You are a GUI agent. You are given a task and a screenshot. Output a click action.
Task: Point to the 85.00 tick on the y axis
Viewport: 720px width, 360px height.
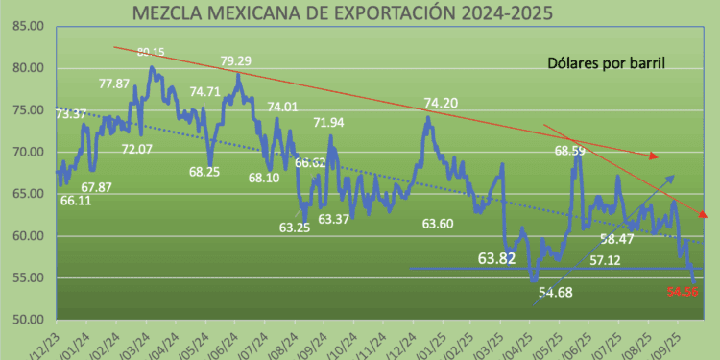coord(20,26)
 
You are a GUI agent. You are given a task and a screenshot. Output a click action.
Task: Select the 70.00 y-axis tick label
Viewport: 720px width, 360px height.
coord(20,152)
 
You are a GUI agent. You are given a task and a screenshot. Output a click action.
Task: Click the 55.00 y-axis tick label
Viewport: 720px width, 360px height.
coord(20,277)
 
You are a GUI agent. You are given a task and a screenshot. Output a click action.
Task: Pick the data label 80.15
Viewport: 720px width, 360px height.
coord(152,52)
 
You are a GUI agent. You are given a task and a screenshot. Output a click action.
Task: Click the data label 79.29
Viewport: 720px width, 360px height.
coord(235,61)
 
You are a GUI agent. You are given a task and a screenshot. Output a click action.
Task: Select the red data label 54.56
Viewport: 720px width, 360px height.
coord(683,290)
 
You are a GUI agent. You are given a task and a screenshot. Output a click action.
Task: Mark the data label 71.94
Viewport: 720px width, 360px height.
coord(329,123)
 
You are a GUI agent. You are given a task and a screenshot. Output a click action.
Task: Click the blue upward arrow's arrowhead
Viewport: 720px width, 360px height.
coord(670,179)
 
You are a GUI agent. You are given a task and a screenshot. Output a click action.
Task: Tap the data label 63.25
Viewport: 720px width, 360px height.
coord(295,228)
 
